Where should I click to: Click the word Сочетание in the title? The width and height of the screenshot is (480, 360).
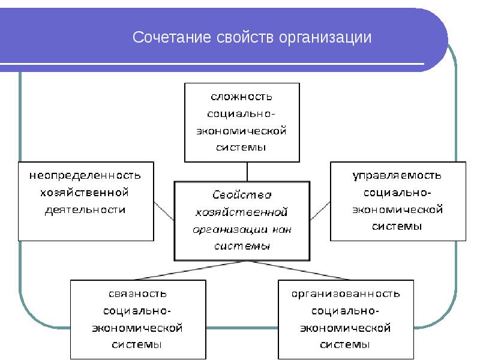coord(166,38)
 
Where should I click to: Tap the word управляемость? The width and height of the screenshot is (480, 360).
coord(397,175)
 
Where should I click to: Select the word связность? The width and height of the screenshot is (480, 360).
coord(138,294)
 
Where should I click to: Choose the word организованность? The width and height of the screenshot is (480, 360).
coord(346,294)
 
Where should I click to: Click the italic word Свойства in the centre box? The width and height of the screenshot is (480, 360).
coord(242,194)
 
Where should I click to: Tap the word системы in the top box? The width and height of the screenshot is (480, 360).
coord(241,147)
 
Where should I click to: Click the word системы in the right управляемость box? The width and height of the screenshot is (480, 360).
coord(397,226)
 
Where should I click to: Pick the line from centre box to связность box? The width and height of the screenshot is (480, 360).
coord(179,270)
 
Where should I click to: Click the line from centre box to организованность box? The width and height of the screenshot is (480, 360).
coord(306,270)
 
